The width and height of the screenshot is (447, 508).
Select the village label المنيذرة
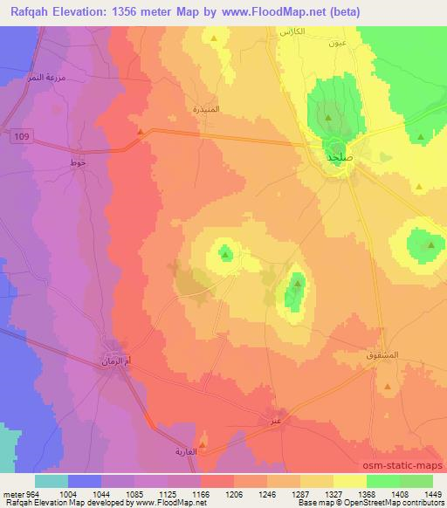coord(207,110)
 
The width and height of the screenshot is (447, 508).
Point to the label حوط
coord(77,162)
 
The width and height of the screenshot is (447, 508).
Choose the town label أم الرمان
coord(116,360)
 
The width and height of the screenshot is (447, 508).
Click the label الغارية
coord(203,454)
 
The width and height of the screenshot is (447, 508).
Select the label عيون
coord(339,43)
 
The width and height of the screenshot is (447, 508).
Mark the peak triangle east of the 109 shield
coord(140,132)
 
